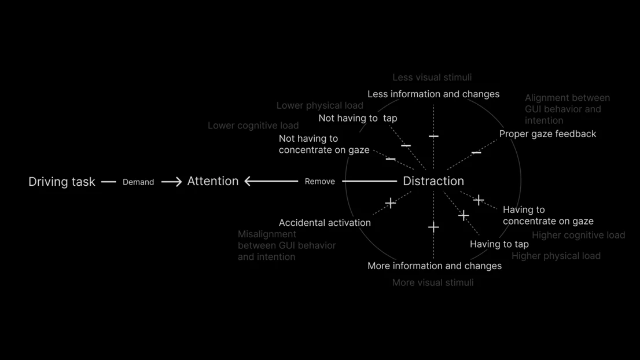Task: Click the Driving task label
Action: click(x=62, y=182)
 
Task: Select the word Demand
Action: click(x=138, y=182)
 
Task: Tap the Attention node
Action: click(x=212, y=181)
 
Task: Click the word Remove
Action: click(x=319, y=181)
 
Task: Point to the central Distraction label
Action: click(x=433, y=181)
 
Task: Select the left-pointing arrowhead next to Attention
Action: click(x=248, y=181)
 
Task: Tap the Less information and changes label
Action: click(x=433, y=94)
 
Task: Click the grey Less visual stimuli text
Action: click(x=432, y=77)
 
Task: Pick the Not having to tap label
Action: click(x=358, y=119)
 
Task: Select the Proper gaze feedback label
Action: click(x=547, y=134)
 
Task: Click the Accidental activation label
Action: click(x=325, y=222)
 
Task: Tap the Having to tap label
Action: click(x=499, y=244)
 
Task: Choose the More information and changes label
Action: click(x=434, y=266)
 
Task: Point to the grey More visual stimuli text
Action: click(x=433, y=282)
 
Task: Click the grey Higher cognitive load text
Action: click(x=578, y=235)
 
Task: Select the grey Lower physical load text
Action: click(x=319, y=106)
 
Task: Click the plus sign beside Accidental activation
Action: click(x=390, y=203)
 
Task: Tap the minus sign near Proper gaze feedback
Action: click(x=476, y=153)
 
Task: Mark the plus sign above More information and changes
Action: click(x=433, y=227)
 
